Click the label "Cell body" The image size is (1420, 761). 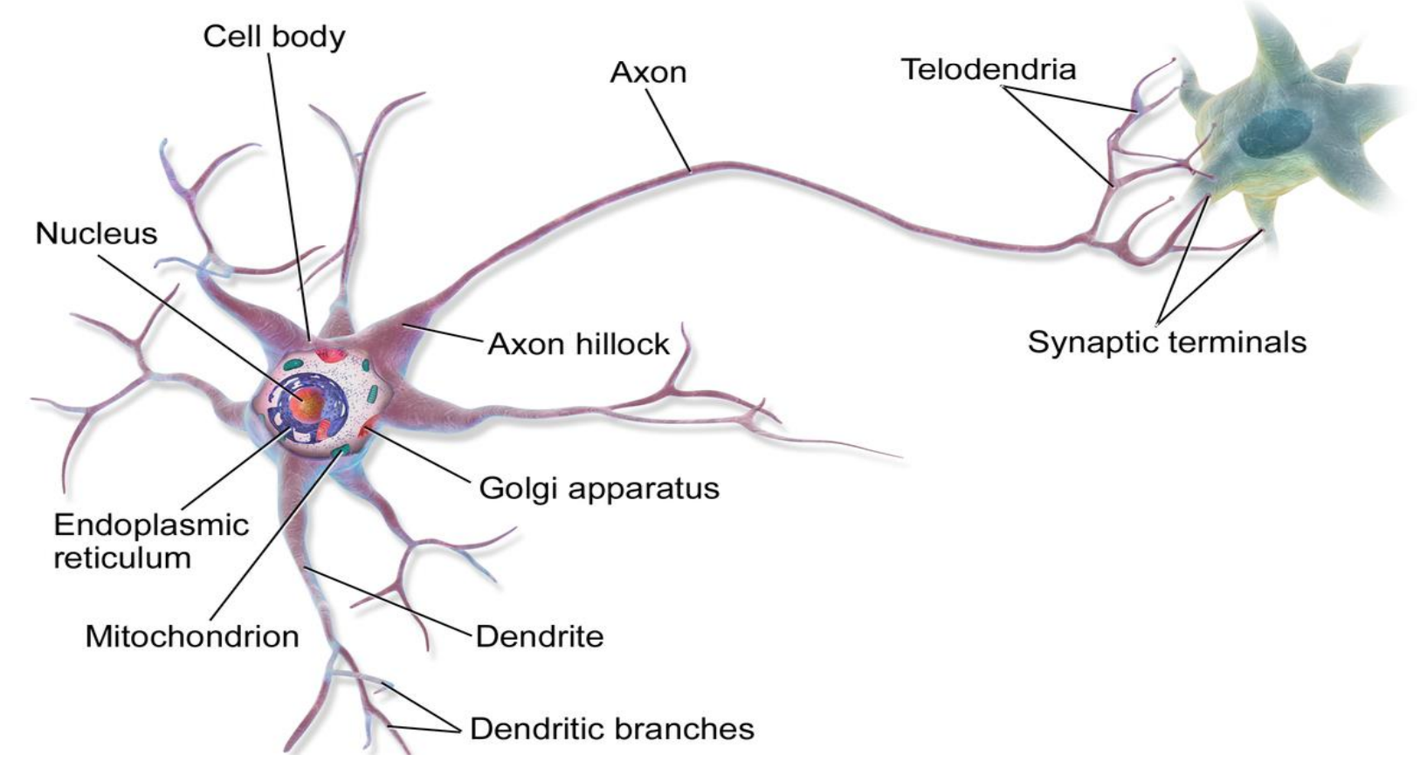(273, 37)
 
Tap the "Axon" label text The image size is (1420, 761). (648, 72)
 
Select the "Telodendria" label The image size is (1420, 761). (988, 70)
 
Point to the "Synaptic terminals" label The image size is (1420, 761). (1167, 342)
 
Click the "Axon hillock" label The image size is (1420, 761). (578, 345)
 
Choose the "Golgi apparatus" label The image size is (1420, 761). (599, 488)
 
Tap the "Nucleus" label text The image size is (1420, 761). (96, 234)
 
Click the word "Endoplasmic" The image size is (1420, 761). (151, 524)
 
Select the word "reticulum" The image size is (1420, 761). (122, 559)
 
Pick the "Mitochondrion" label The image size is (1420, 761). (192, 636)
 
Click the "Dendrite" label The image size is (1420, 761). (539, 636)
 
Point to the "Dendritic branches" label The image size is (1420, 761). (611, 729)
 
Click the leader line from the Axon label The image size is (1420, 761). (671, 130)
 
